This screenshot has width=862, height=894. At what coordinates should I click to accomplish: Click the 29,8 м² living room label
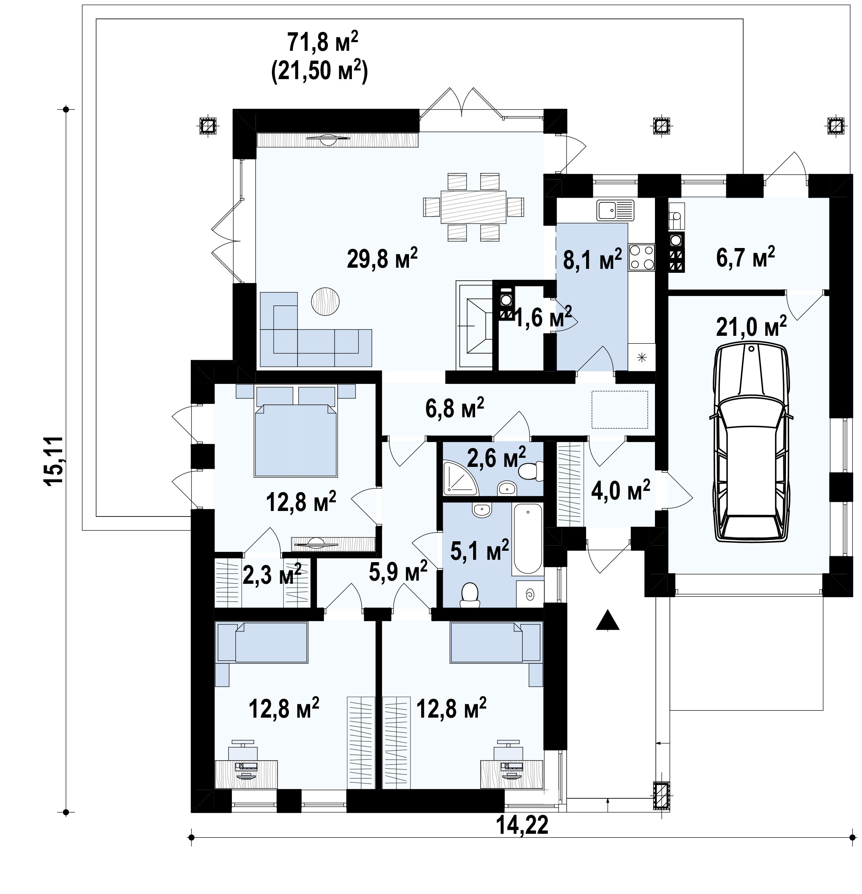382,259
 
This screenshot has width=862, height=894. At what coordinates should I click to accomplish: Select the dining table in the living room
474,207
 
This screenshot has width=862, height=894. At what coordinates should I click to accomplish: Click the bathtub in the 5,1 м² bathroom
528,538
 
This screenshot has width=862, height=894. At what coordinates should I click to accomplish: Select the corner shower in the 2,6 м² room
459,479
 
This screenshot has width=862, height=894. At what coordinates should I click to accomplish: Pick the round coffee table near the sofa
325,301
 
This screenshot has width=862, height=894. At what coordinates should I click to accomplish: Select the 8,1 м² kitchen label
592,259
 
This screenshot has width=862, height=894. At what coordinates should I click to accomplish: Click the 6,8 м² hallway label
454,408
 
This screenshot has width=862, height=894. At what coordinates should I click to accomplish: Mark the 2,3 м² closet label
272,575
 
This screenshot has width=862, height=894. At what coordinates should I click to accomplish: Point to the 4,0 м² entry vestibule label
620,491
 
